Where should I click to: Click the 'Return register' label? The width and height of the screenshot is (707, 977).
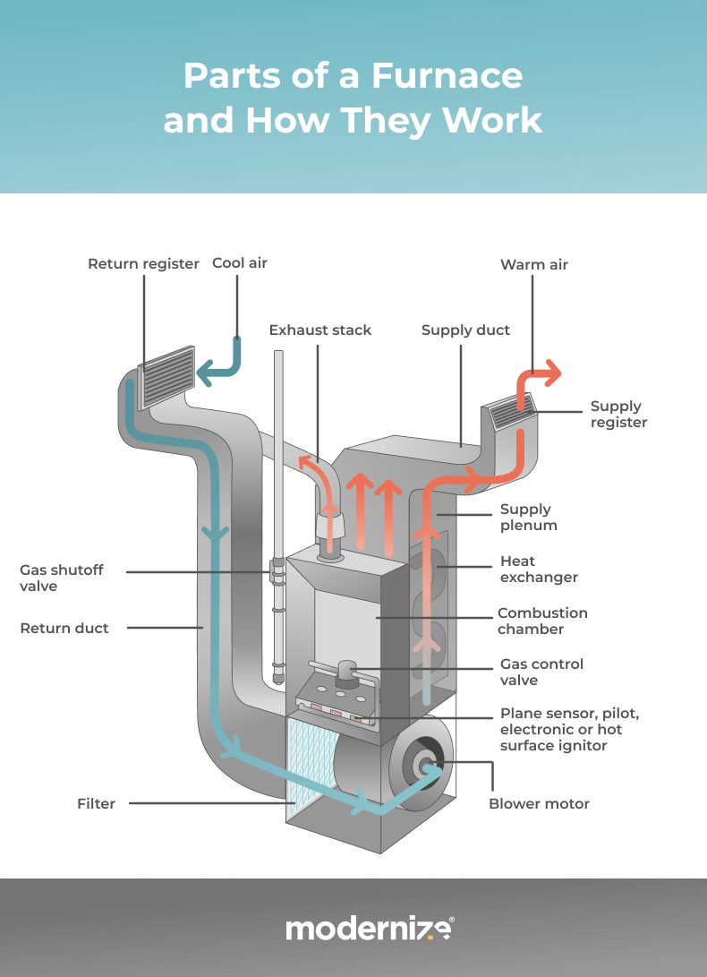[143, 264]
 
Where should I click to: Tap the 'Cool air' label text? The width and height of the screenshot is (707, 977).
[239, 263]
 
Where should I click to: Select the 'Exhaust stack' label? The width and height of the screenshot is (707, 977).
[319, 330]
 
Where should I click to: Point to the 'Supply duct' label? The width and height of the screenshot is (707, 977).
[465, 330]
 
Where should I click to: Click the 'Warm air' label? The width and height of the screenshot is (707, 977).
[533, 265]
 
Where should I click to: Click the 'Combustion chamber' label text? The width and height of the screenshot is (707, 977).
[542, 621]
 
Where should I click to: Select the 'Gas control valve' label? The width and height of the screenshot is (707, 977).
[541, 673]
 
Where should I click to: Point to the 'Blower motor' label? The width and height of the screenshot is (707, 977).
[539, 804]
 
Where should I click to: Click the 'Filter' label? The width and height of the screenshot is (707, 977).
[96, 804]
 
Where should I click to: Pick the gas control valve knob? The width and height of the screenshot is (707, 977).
[345, 672]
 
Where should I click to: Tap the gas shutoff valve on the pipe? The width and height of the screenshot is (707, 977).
[277, 570]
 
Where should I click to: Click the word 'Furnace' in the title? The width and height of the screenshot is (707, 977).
[447, 76]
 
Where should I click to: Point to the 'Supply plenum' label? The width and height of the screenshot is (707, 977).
[528, 518]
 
